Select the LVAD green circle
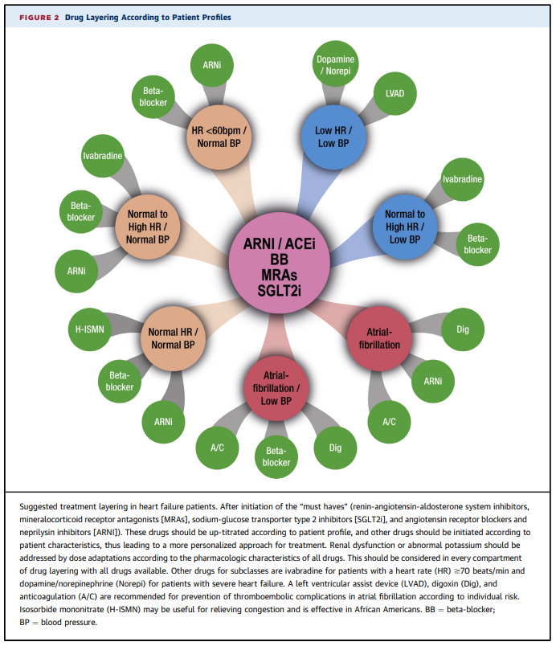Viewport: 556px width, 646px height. pos(395,93)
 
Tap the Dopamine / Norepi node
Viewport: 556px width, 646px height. pos(336,66)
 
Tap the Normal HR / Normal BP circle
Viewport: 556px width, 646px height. pos(171,337)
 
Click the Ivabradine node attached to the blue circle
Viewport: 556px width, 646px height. pos(462,178)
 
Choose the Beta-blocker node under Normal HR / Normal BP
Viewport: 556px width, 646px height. pos(120,381)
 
